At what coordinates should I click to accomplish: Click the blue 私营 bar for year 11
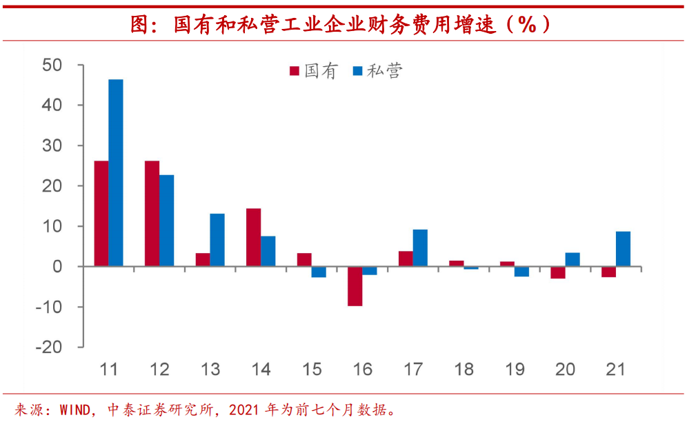tap(116, 172)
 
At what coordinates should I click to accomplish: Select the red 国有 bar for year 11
tap(101, 213)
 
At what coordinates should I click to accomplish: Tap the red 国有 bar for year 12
tap(152, 213)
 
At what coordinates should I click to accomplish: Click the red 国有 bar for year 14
tap(253, 237)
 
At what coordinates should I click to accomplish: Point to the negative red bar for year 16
tap(355, 285)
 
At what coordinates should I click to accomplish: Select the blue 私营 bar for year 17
tap(420, 248)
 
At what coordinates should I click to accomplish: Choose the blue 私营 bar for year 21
tap(623, 248)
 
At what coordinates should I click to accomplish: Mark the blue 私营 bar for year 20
tap(572, 259)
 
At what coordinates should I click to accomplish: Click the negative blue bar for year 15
tap(319, 272)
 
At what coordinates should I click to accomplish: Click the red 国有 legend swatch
tap(294, 71)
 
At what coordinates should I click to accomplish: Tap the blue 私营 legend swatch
tap(357, 71)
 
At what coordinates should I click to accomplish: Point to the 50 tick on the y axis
tap(52, 66)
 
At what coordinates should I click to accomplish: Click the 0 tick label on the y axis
tap(57, 266)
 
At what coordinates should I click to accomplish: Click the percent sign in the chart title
tap(527, 24)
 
